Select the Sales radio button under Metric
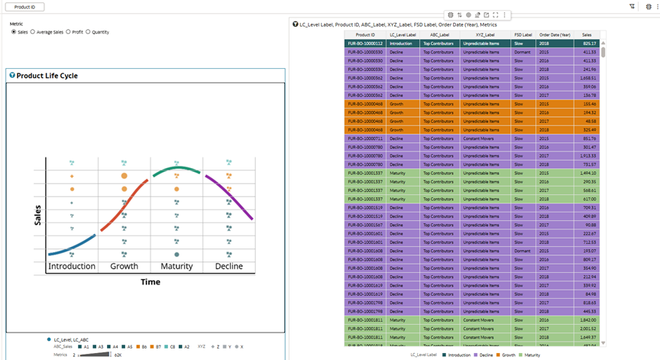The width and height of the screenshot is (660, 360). click(13, 32)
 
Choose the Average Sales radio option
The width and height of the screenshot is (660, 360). click(32, 32)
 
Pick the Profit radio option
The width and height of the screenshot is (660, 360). click(68, 32)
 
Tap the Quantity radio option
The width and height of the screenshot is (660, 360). click(88, 32)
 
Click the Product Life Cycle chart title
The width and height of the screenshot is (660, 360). click(47, 76)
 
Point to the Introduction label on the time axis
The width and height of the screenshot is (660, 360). click(72, 266)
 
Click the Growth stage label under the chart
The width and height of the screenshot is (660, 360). click(125, 266)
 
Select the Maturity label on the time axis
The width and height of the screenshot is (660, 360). click(176, 266)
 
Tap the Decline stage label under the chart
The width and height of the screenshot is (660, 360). click(228, 266)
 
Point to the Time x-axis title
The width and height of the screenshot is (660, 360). click(150, 282)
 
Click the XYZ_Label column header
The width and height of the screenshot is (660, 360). click(485, 35)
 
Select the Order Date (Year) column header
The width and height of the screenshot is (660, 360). click(555, 35)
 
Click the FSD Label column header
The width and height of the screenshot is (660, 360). click(522, 35)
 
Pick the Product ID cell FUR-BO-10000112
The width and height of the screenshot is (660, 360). click(365, 44)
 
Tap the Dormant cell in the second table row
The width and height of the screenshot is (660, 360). click(522, 52)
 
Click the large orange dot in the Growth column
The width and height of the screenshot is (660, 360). click(124, 177)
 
